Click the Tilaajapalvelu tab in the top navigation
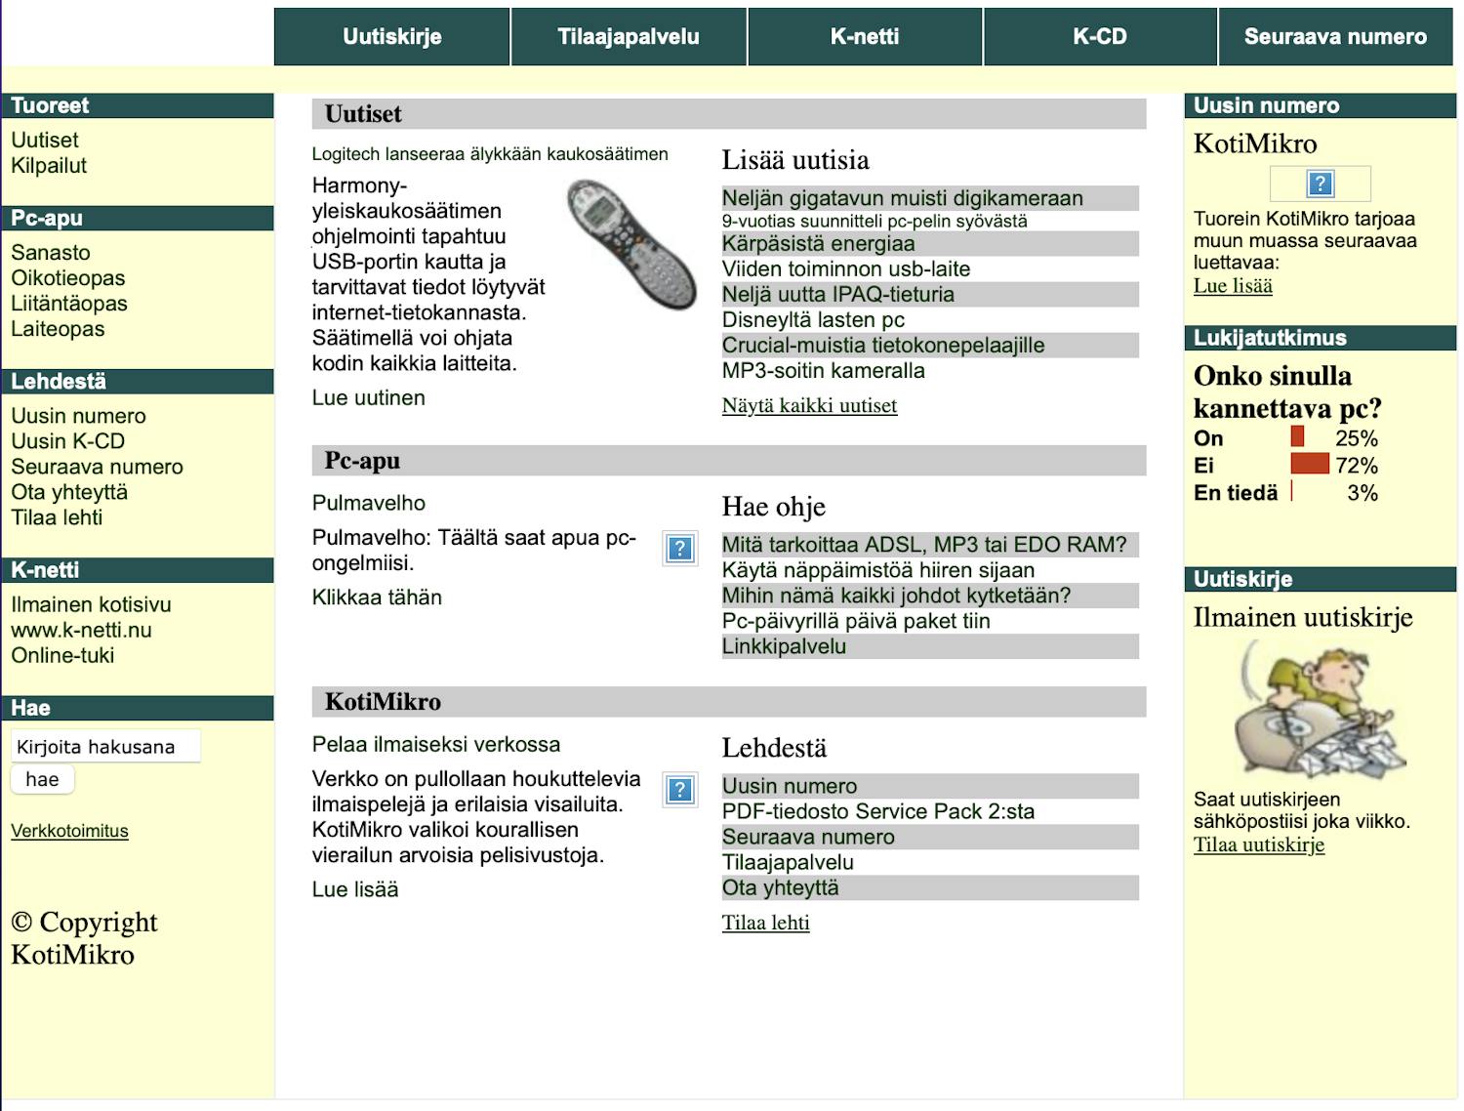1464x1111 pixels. click(x=629, y=37)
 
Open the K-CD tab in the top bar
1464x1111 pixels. click(x=1100, y=37)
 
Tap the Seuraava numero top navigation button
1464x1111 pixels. click(x=1335, y=37)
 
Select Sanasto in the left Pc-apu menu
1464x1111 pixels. click(x=51, y=253)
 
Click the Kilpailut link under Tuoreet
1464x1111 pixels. click(x=49, y=166)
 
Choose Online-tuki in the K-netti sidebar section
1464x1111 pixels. click(x=62, y=656)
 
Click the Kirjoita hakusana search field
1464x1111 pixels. click(x=105, y=747)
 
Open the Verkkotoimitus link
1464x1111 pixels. click(x=69, y=832)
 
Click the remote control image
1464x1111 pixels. click(x=631, y=244)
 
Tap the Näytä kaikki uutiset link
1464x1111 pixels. click(x=809, y=406)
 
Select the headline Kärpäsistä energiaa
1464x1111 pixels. click(x=818, y=244)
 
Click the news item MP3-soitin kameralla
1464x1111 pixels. click(x=823, y=371)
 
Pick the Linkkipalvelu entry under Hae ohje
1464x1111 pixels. click(x=784, y=646)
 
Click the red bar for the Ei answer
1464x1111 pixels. click(x=1310, y=464)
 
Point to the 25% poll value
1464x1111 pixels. click(x=1356, y=439)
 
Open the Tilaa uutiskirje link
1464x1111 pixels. click(x=1259, y=845)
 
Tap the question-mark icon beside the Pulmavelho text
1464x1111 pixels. click(x=679, y=549)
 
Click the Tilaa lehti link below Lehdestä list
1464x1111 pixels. click(x=765, y=924)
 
